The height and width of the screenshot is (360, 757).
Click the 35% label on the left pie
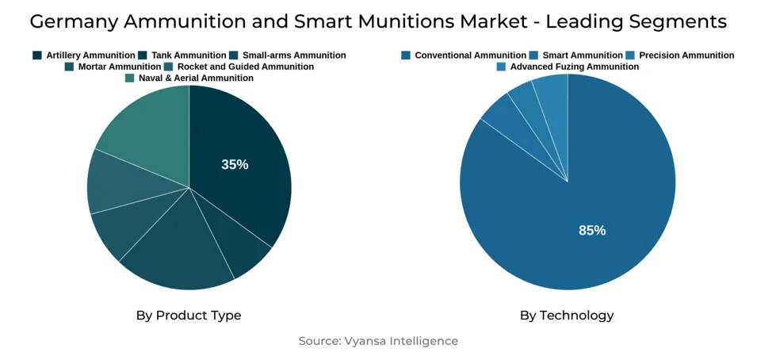click(x=235, y=165)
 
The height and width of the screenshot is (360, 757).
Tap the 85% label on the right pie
click(x=592, y=231)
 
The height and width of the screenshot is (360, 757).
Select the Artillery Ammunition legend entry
click(x=84, y=56)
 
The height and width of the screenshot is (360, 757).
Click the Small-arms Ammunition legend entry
click(x=288, y=56)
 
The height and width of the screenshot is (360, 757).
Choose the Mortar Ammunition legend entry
click(x=113, y=67)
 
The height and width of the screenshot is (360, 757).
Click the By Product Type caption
click(x=189, y=316)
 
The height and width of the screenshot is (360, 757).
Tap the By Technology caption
click(x=567, y=316)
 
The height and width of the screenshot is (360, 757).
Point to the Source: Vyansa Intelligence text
click(x=378, y=341)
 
